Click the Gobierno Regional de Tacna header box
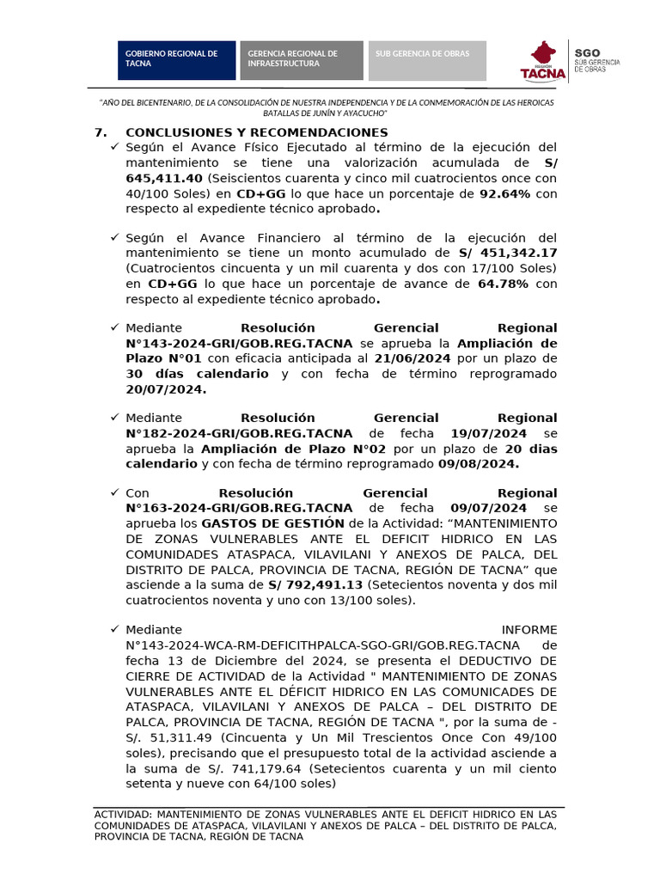pyautogui.click(x=177, y=59)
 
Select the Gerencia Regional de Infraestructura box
pyautogui.click(x=301, y=59)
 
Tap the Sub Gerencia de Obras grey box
pyautogui.click(x=427, y=59)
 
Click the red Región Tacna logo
pyautogui.click(x=544, y=60)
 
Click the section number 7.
pyautogui.click(x=99, y=132)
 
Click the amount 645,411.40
pyautogui.click(x=164, y=179)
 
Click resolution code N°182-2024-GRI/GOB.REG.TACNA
pyautogui.click(x=239, y=433)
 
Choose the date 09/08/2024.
pyautogui.click(x=477, y=464)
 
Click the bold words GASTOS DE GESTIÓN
pyautogui.click(x=273, y=523)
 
